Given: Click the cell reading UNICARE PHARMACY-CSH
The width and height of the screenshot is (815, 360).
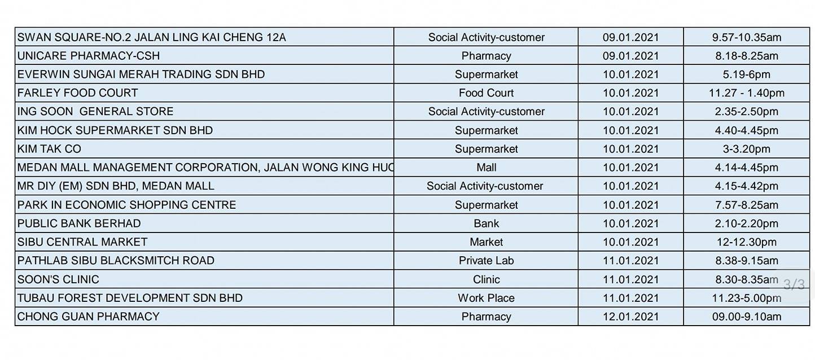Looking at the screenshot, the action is point(204,56).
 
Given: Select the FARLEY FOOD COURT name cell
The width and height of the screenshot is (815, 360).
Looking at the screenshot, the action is point(204,93).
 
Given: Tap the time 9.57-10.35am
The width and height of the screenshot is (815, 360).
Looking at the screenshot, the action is point(747,37).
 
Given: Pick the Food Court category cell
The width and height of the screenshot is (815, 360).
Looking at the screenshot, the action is point(486,93).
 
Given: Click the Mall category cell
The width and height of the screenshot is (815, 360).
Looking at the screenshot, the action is point(486,167).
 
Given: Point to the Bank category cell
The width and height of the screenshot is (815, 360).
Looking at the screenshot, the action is point(486,223).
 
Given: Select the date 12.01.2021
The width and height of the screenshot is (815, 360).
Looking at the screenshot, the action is point(630,317).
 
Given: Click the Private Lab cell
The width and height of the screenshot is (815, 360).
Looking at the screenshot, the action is point(486,260).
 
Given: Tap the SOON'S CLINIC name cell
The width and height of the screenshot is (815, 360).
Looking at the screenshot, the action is point(204,279).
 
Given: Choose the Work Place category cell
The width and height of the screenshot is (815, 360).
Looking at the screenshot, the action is point(486,298).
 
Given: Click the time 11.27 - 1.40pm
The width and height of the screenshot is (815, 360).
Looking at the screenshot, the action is point(747,93).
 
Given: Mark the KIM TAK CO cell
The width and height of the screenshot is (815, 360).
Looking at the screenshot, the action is point(204,149).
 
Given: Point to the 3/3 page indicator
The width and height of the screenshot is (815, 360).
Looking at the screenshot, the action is point(794,284).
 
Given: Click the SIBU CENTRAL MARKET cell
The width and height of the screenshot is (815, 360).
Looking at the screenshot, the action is point(204,242).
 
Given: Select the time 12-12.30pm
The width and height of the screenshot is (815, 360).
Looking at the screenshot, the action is point(747,242).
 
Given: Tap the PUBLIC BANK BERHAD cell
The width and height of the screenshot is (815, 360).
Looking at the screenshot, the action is point(204,223).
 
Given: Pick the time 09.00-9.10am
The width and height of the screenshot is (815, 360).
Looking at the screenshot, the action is point(747,317).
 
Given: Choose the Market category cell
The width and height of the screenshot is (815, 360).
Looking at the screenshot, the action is point(486,242).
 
